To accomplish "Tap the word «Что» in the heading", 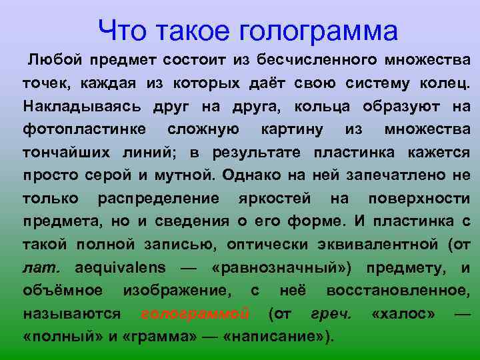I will tap(121, 29).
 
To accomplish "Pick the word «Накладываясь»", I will tap(72, 107).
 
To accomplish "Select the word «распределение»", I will tap(158, 198).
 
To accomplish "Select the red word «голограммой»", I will tap(195, 313).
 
